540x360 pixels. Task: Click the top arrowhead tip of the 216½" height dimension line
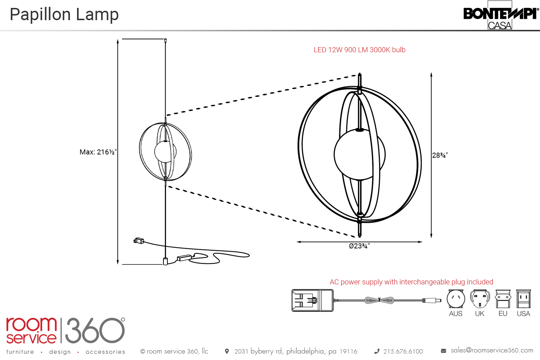[118, 39]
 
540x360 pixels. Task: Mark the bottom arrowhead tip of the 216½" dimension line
[118, 265]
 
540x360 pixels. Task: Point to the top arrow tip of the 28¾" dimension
[431, 73]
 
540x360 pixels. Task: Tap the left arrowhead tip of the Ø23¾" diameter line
[297, 242]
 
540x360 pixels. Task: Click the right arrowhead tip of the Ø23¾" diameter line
[422, 242]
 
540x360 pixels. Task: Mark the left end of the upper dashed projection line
[167, 115]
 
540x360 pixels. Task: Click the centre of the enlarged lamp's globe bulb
[359, 154]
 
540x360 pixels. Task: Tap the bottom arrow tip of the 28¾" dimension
[431, 238]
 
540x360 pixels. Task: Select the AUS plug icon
[456, 299]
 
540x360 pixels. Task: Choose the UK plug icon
[480, 299]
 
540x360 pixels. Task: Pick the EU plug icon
[503, 299]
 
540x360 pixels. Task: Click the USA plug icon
[523, 299]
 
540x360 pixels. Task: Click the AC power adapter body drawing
[312, 301]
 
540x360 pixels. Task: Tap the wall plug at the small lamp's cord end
[139, 240]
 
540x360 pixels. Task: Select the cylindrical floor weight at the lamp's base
[165, 261]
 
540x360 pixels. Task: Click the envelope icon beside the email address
[443, 351]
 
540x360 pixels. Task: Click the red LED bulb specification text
[359, 50]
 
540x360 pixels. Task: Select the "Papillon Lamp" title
[64, 14]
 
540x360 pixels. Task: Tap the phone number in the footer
[403, 351]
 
